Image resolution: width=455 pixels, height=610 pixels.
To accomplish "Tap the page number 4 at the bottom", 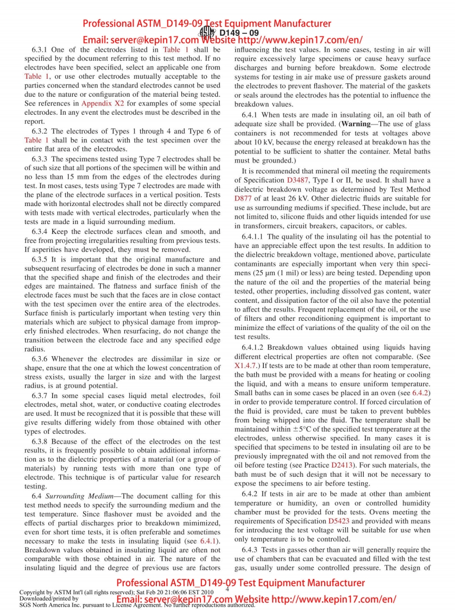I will [227, 589].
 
